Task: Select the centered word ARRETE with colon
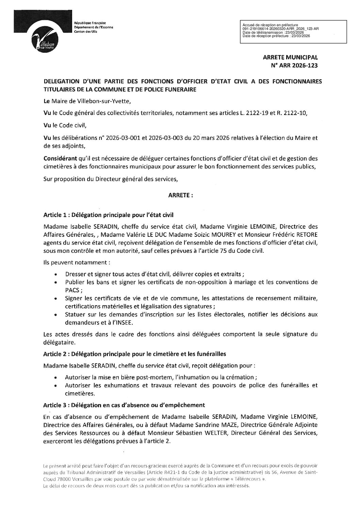(181, 196)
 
